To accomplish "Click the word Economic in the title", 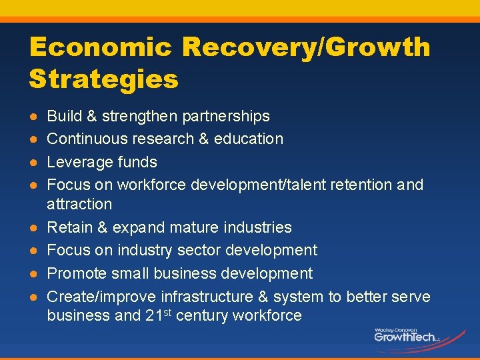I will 99,47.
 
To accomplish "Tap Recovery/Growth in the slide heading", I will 306,47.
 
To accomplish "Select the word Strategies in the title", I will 104,79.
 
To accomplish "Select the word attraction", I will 79,204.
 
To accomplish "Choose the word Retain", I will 69,227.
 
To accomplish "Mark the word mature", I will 194,227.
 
